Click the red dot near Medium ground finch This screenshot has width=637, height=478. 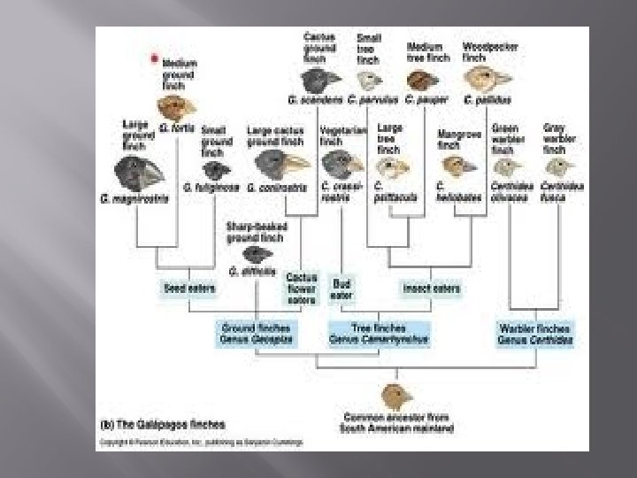click(155, 59)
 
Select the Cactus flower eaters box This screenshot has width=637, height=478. click(301, 289)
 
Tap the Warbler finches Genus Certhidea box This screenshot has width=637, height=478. click(535, 333)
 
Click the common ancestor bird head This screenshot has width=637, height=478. click(393, 396)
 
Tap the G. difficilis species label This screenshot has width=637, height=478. click(253, 270)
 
